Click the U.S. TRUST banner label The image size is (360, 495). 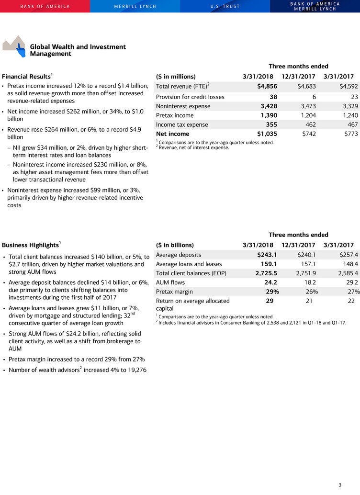225,6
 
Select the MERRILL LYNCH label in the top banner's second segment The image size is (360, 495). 135,6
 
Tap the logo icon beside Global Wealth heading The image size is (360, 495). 14,46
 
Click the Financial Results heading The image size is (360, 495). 26,77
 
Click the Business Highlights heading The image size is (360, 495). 31,244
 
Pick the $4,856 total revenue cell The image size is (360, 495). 267,87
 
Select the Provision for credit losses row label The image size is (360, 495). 190,97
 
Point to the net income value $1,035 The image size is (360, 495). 266,134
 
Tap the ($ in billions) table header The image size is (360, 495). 175,245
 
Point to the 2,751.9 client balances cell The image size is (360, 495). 304,273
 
